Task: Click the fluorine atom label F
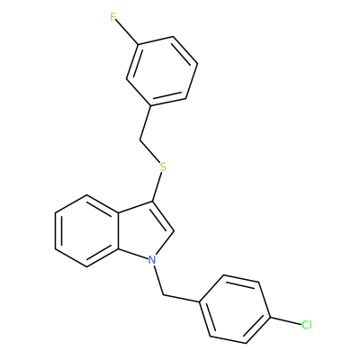click(x=112, y=17)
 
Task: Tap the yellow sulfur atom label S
click(x=163, y=166)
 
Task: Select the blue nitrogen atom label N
click(x=153, y=259)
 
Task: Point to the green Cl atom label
click(x=307, y=325)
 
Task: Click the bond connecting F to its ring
click(x=127, y=32)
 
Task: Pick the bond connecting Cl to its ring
click(x=285, y=320)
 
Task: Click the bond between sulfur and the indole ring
click(x=157, y=186)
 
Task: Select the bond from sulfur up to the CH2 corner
click(x=149, y=151)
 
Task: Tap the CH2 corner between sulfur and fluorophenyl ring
click(x=139, y=139)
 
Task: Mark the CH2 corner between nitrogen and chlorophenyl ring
click(x=164, y=295)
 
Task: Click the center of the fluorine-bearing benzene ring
click(x=162, y=71)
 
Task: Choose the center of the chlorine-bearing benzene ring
click(x=235, y=309)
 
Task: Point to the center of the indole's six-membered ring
click(x=87, y=230)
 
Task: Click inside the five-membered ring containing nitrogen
click(x=142, y=231)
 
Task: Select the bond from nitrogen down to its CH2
click(x=158, y=280)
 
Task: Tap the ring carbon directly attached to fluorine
click(x=138, y=45)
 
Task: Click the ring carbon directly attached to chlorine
click(x=270, y=317)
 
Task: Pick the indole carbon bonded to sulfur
click(x=152, y=201)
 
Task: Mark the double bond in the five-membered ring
click(x=163, y=216)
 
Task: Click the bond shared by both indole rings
click(x=118, y=230)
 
